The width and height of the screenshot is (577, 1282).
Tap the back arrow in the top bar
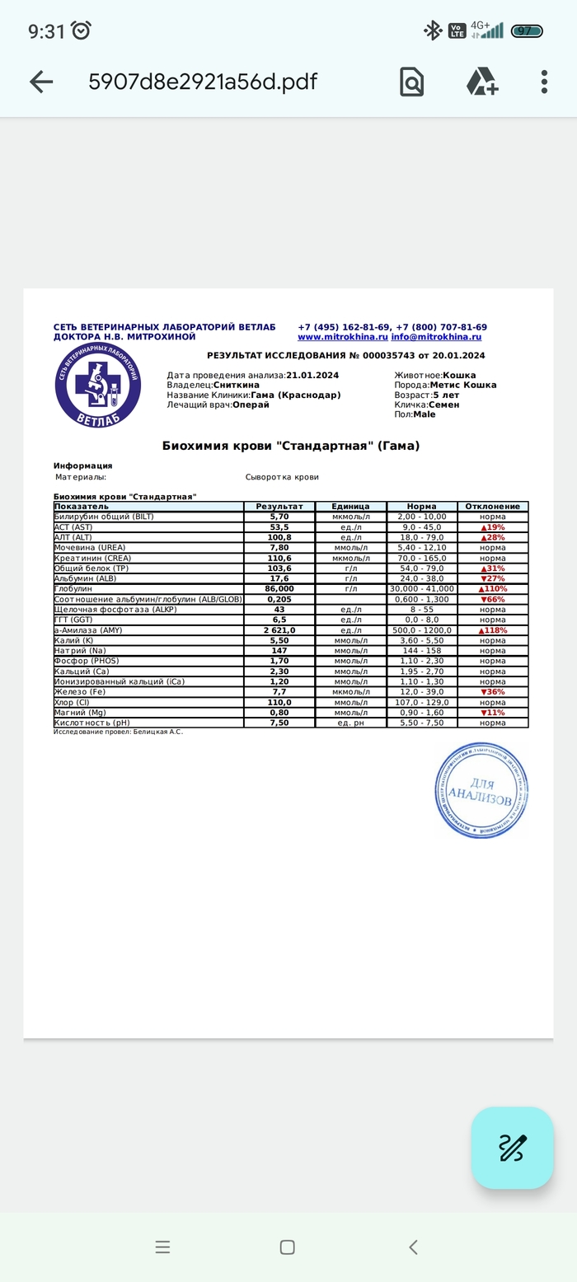tap(40, 82)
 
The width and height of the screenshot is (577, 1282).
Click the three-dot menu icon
tap(544, 82)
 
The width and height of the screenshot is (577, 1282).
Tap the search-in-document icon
tap(411, 82)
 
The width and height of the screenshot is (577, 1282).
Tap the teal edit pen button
tap(512, 1148)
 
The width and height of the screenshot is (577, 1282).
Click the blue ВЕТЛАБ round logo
tap(98, 386)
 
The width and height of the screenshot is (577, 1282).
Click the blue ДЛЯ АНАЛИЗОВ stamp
tap(481, 790)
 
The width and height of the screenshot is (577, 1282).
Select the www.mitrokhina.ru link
tap(343, 337)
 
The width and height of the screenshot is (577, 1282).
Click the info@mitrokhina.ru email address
tap(436, 337)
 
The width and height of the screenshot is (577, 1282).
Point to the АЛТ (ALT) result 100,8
tap(279, 537)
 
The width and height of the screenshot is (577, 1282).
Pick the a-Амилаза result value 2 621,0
tap(279, 630)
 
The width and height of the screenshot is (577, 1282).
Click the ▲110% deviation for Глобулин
tap(493, 589)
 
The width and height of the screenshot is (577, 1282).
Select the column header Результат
tap(279, 507)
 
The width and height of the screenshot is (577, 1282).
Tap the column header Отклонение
tap(493, 507)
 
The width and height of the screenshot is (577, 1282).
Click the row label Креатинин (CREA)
tap(92, 558)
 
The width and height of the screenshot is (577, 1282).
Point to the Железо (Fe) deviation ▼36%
tap(493, 692)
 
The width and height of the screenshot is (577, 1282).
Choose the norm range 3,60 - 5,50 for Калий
tap(422, 640)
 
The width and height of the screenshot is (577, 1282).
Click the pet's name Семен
tap(444, 405)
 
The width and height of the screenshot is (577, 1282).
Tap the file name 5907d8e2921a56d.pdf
tap(203, 82)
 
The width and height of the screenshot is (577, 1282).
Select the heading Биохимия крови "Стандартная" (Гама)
tap(291, 446)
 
